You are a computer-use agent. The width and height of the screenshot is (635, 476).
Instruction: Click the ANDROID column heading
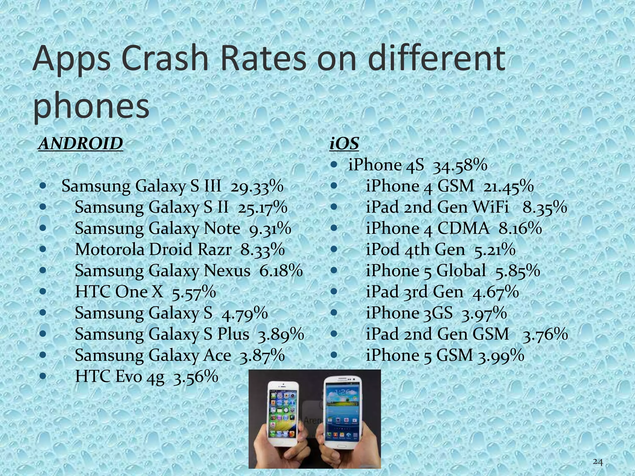click(x=80, y=144)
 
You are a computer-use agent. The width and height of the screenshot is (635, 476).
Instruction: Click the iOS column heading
click(x=344, y=144)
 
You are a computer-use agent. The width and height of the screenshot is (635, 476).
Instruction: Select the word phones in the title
click(x=91, y=105)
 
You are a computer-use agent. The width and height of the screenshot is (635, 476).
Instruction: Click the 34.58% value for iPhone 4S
click(x=460, y=165)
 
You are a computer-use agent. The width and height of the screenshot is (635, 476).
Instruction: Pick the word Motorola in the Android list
click(x=109, y=249)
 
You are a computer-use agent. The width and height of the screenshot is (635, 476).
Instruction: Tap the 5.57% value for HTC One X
click(x=194, y=292)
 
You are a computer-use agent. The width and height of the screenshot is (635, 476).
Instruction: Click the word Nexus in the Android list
click(x=227, y=271)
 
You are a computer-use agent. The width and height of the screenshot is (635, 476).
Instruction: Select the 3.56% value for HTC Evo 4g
click(x=195, y=377)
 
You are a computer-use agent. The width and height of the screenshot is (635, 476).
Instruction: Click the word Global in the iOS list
click(x=461, y=271)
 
